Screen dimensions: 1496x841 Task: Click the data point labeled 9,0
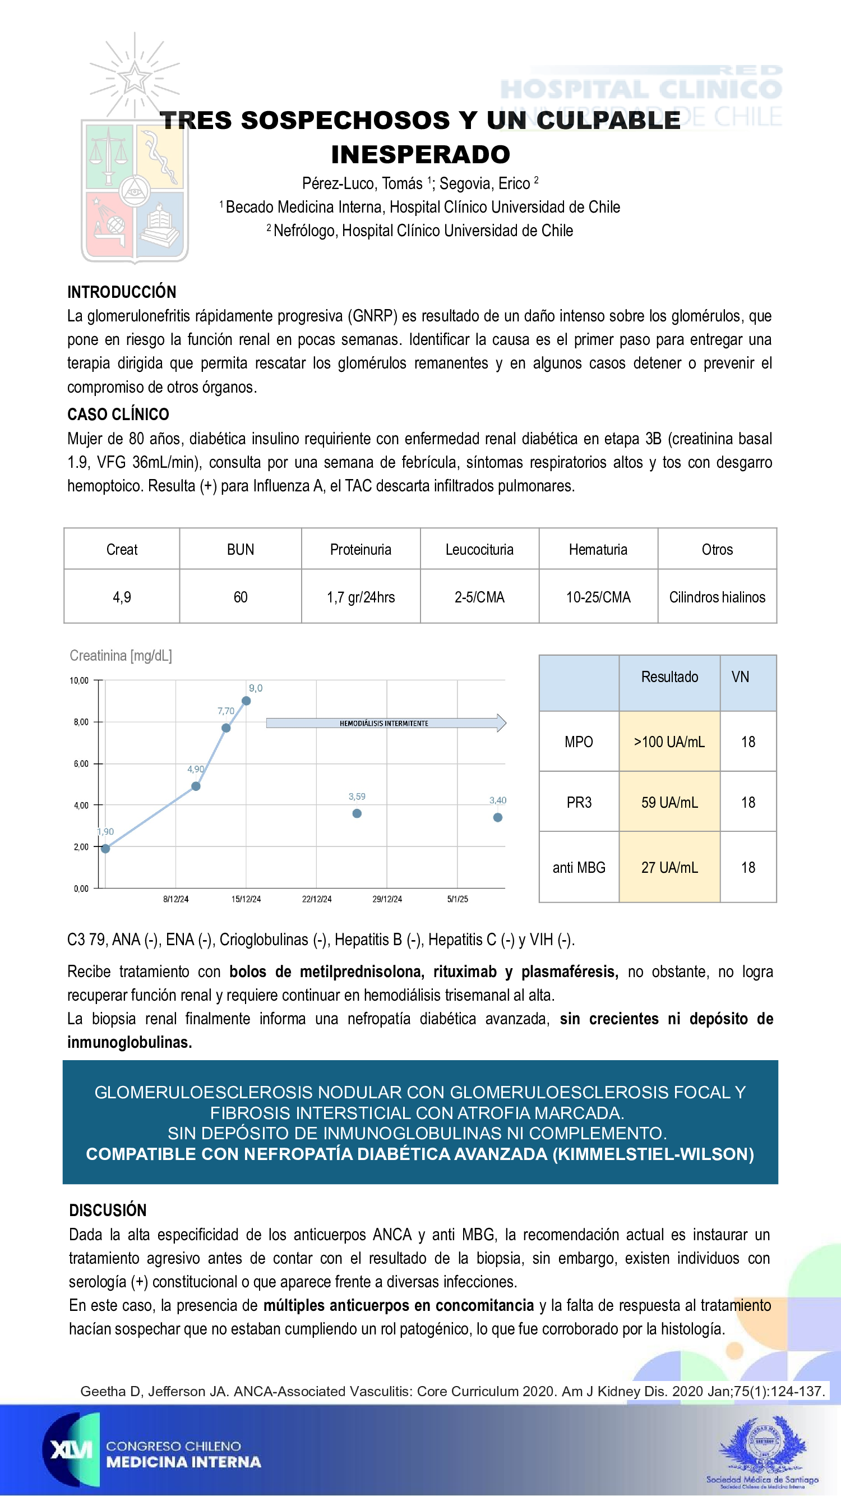246,701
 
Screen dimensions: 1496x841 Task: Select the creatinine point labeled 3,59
357,813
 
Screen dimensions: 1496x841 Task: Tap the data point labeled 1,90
105,849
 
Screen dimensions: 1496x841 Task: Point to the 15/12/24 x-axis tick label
246,899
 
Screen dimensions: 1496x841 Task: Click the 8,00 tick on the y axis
81,722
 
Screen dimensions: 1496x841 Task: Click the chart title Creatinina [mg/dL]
121,656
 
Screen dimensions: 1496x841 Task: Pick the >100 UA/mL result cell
669,742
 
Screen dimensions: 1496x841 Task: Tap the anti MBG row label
579,867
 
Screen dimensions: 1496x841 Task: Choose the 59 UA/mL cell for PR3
669,802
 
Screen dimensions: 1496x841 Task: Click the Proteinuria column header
361,549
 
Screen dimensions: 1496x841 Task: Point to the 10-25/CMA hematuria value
598,597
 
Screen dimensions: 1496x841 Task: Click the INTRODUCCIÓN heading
122,292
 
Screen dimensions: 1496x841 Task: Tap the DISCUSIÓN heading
108,1210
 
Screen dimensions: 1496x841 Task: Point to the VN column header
740,676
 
